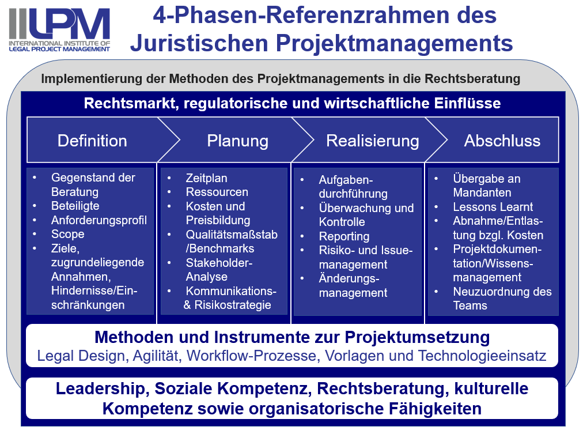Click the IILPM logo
[x=59, y=30]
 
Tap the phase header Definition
[x=92, y=141]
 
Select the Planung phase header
[x=238, y=141]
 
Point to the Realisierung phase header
[x=373, y=141]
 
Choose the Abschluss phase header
[x=502, y=141]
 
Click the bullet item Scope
[x=68, y=235]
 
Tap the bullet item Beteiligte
[x=75, y=206]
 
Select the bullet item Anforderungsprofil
[x=99, y=220]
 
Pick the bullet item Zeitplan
[x=207, y=178]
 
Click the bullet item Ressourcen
[x=217, y=192]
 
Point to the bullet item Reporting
[x=344, y=237]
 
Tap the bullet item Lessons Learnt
[x=493, y=207]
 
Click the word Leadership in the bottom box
[x=100, y=388]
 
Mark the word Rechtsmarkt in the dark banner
[x=131, y=103]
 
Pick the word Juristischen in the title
[x=199, y=43]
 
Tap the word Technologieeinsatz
[x=482, y=356]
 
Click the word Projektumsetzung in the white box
[x=417, y=337]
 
